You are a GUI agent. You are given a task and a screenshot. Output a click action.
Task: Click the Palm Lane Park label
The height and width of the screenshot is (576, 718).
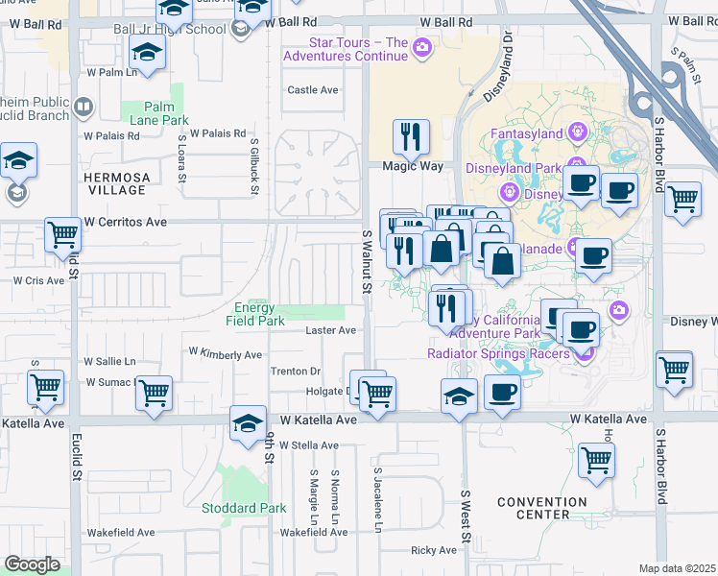click(166, 113)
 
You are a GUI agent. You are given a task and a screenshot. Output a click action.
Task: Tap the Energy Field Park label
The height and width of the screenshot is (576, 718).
click(254, 314)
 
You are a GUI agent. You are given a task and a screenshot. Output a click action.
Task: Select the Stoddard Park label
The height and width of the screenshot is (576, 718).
click(244, 508)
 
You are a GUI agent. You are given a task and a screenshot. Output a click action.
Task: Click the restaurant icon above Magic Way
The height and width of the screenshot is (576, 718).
click(412, 137)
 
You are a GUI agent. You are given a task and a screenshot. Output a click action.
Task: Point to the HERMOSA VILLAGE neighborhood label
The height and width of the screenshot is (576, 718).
click(116, 183)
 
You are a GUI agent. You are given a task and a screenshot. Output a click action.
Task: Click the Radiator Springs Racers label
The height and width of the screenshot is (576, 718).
click(499, 353)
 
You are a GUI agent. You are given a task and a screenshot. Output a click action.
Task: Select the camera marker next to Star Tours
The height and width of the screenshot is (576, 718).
click(421, 47)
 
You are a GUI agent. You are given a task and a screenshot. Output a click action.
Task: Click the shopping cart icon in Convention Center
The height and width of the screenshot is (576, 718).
click(596, 461)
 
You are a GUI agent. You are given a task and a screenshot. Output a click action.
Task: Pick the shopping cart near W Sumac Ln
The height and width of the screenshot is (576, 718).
click(154, 394)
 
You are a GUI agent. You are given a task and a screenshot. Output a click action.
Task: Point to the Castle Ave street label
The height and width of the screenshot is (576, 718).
click(314, 90)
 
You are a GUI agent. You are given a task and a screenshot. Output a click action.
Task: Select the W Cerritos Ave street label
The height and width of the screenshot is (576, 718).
click(125, 222)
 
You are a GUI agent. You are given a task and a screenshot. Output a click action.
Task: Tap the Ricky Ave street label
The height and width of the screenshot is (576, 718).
click(434, 550)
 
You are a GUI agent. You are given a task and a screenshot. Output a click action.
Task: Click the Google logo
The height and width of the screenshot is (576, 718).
click(32, 564)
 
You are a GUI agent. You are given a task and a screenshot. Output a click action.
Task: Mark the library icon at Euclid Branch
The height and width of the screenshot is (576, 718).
click(84, 108)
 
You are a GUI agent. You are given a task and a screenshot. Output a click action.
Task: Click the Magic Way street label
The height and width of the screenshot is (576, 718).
click(413, 166)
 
